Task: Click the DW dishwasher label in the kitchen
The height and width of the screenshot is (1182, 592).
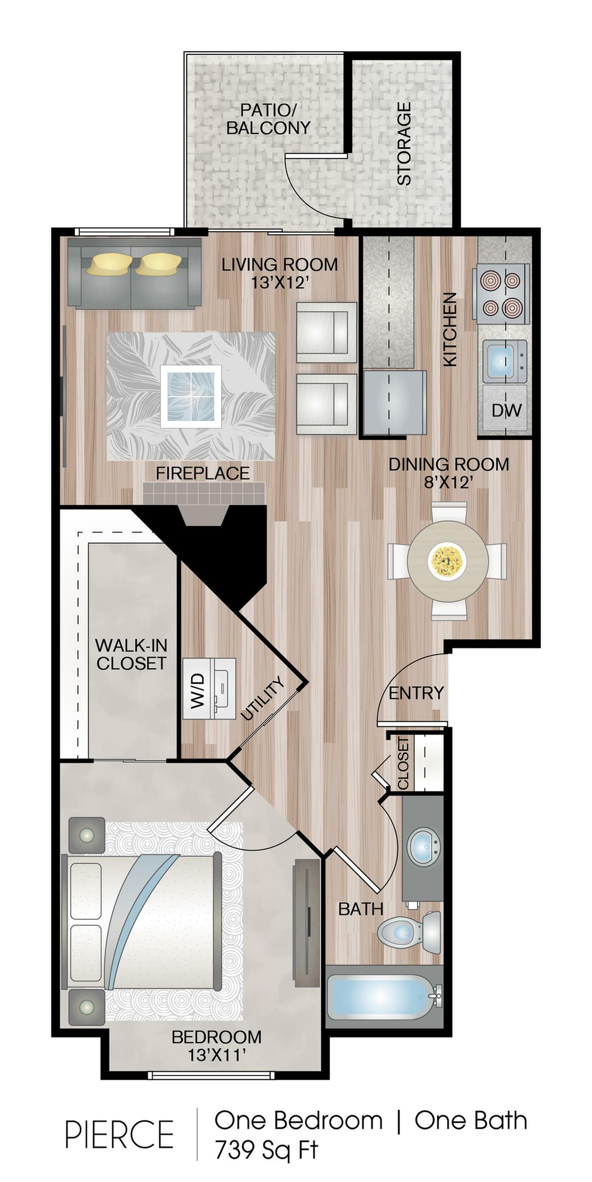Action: point(506,410)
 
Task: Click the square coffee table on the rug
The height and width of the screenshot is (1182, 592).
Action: point(191,396)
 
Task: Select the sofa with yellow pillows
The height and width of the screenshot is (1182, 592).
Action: point(134,273)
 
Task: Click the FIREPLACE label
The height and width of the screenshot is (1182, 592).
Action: point(203,473)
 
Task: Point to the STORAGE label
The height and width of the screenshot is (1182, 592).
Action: point(404,144)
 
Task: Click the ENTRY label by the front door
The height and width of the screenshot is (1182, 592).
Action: point(416,692)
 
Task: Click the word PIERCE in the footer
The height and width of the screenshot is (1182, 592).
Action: point(119,1134)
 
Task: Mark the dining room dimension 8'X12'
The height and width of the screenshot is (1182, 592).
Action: point(449,482)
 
